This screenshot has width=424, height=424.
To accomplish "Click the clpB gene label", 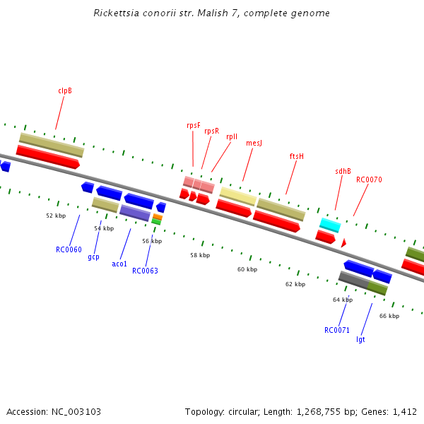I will (x=65, y=90).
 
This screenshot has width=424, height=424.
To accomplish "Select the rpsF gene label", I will (x=193, y=125).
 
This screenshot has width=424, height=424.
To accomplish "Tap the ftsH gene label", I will (x=296, y=156).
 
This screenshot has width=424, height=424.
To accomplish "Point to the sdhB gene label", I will (x=343, y=171).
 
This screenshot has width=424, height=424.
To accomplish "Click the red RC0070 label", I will (x=369, y=179).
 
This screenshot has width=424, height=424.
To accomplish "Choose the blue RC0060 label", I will (x=69, y=249).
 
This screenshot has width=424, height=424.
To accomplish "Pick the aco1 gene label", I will (x=119, y=264).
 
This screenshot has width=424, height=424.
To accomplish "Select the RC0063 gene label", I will (x=145, y=271).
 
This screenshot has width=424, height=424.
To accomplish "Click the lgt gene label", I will (x=360, y=339).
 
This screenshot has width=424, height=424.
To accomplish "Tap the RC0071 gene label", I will (x=337, y=330).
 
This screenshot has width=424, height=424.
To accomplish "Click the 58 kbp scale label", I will (x=200, y=255).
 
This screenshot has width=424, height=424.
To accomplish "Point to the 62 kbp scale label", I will (x=295, y=284).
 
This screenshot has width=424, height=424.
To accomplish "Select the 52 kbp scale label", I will (x=56, y=216).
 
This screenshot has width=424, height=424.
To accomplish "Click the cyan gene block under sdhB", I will (x=330, y=225).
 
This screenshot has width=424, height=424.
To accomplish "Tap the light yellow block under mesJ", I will (x=237, y=196).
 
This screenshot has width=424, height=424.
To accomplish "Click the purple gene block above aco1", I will (x=134, y=212).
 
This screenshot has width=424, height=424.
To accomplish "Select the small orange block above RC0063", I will (x=157, y=217).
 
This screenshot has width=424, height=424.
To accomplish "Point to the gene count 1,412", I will (x=404, y=411).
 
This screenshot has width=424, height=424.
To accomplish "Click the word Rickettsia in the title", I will (x=115, y=13).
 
